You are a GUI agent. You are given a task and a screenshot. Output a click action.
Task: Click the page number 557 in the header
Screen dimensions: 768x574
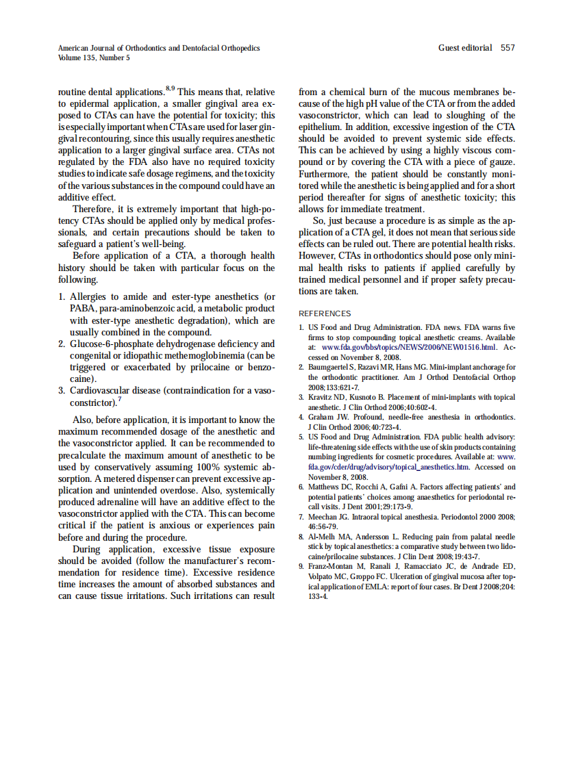[508, 48]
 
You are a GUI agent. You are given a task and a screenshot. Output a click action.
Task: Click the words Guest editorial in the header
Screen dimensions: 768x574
[465, 48]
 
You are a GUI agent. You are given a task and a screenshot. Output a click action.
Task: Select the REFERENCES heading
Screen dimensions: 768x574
[325, 313]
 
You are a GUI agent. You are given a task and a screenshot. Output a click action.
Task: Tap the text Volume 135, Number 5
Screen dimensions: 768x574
[94, 57]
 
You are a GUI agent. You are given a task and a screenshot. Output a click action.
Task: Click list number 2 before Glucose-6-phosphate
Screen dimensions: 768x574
[62, 344]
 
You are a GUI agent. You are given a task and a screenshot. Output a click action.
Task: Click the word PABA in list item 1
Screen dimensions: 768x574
[82, 309]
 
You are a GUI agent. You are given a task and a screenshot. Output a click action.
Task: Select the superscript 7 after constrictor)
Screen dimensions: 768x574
[120, 398]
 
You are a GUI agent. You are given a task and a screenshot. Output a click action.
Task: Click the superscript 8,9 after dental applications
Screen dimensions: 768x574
[170, 88]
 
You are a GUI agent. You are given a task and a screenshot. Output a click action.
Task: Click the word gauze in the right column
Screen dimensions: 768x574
[500, 162]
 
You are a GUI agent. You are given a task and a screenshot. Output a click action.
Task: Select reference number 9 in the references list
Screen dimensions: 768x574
[301, 567]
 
